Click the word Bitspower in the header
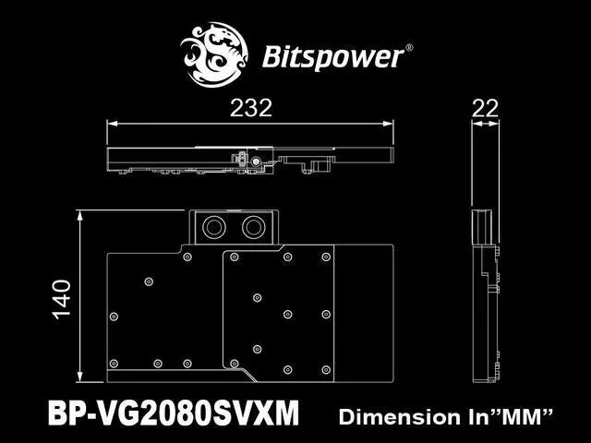334,56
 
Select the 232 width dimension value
250,108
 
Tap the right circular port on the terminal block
254,227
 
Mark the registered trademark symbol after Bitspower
409,46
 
